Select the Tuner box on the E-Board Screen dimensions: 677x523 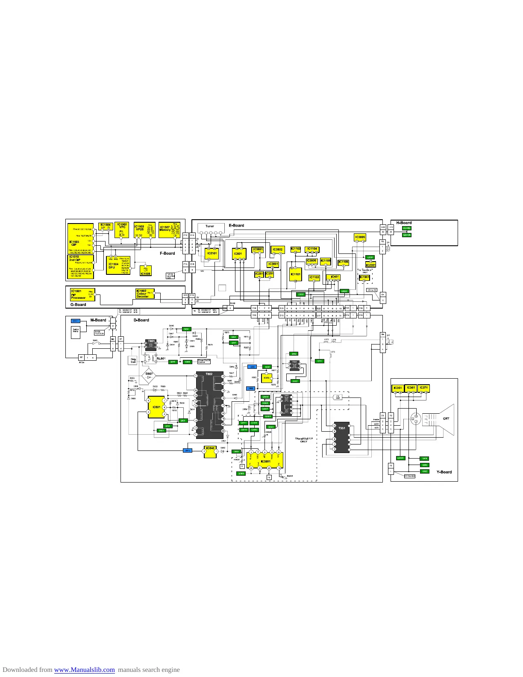pos(209,227)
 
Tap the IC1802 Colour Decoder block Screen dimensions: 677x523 pos(144,294)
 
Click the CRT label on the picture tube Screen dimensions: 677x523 pos(446,418)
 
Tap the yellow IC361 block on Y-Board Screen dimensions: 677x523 pos(411,388)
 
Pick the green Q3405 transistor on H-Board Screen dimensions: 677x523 pos(406,228)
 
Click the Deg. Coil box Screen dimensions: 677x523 pos(133,360)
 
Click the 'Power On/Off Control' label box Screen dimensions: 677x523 pos(204,362)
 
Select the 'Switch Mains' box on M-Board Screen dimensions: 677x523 pos(76,332)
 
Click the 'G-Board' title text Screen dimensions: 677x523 pos(78,305)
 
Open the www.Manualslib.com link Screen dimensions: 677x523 pos(84,670)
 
